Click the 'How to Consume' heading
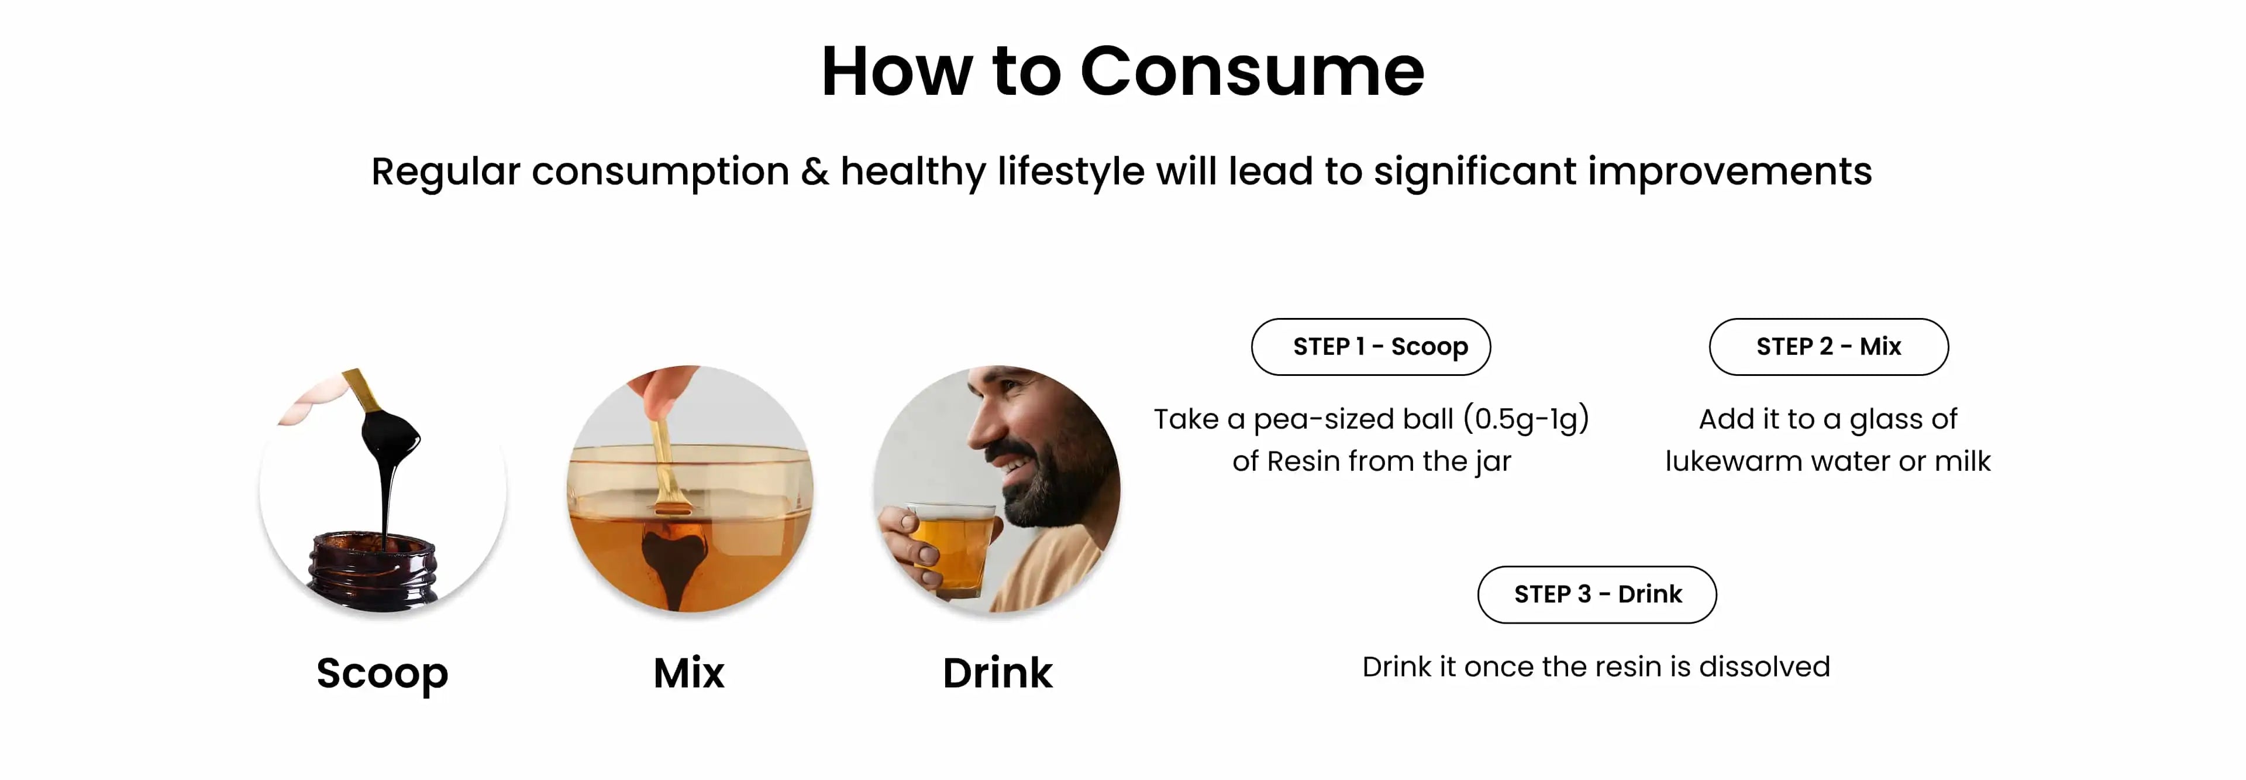coord(1123,71)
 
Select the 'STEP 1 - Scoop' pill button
coord(1370,347)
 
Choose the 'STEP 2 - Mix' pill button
coord(1828,347)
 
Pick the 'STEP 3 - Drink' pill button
coord(1597,594)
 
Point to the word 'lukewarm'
coord(1733,461)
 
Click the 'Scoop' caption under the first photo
coord(382,673)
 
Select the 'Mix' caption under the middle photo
coord(689,673)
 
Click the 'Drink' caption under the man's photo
coord(997,673)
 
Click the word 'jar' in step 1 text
coord(1493,461)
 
